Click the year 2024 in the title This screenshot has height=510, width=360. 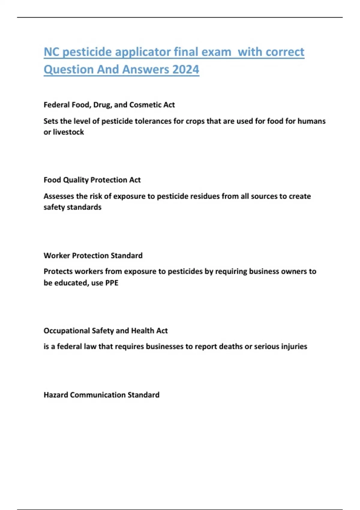[186, 70]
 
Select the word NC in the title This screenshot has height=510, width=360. [52, 52]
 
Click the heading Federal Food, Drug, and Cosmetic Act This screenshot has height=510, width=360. [109, 105]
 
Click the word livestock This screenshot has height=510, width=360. [68, 132]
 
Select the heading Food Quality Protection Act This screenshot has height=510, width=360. [92, 180]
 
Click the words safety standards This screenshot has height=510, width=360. [73, 207]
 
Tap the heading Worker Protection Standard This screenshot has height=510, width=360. [93, 256]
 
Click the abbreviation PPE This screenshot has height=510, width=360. [112, 283]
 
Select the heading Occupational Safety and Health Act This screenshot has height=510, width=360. [106, 331]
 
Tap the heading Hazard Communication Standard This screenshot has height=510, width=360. [101, 395]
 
